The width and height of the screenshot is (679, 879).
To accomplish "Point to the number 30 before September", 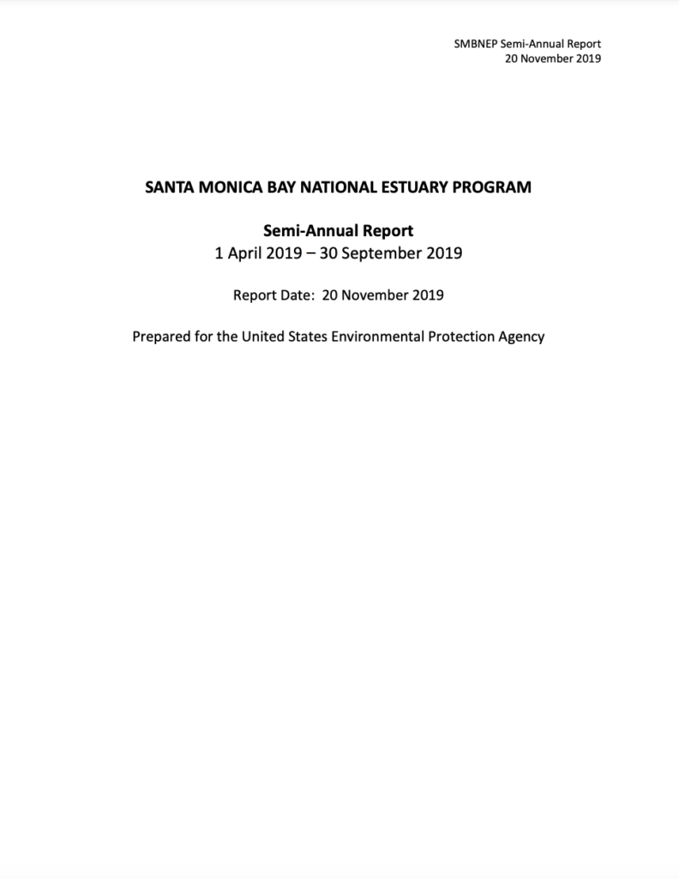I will click(328, 253).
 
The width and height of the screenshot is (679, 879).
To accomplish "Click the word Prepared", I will click(162, 336).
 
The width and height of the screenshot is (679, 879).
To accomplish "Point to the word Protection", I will click(463, 336).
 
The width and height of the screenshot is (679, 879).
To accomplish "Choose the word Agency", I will click(522, 336).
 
